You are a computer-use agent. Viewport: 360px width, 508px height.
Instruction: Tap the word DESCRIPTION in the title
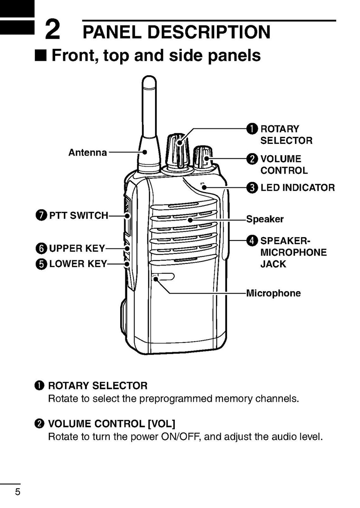pyautogui.click(x=209, y=32)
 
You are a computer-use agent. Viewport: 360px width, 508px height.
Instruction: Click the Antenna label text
pyautogui.click(x=88, y=152)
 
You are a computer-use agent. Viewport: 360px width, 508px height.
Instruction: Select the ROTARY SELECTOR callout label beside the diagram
pyautogui.click(x=286, y=134)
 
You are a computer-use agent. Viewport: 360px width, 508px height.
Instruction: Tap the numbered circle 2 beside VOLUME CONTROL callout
pyautogui.click(x=252, y=159)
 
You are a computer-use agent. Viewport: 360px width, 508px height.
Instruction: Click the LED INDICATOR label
pyautogui.click(x=297, y=188)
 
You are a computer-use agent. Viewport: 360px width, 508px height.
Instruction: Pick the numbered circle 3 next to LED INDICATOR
pyautogui.click(x=252, y=188)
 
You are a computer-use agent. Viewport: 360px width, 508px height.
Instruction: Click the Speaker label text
pyautogui.click(x=265, y=219)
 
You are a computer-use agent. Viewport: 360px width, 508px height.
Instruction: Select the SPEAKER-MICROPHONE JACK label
pyautogui.click(x=293, y=252)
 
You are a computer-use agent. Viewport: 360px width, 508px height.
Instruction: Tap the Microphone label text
pyautogui.click(x=273, y=293)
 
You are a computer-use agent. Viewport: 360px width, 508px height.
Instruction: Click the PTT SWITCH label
pyautogui.click(x=78, y=215)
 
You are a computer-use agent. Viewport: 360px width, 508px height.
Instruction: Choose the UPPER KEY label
pyautogui.click(x=77, y=248)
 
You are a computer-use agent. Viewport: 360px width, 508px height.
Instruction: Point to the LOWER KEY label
pyautogui.click(x=78, y=264)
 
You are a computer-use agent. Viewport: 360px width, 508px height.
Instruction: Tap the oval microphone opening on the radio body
pyautogui.click(x=164, y=277)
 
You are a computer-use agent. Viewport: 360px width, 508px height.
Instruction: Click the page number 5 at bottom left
pyautogui.click(x=18, y=491)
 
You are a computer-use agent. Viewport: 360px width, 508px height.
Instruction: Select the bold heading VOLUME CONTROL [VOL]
pyautogui.click(x=111, y=424)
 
